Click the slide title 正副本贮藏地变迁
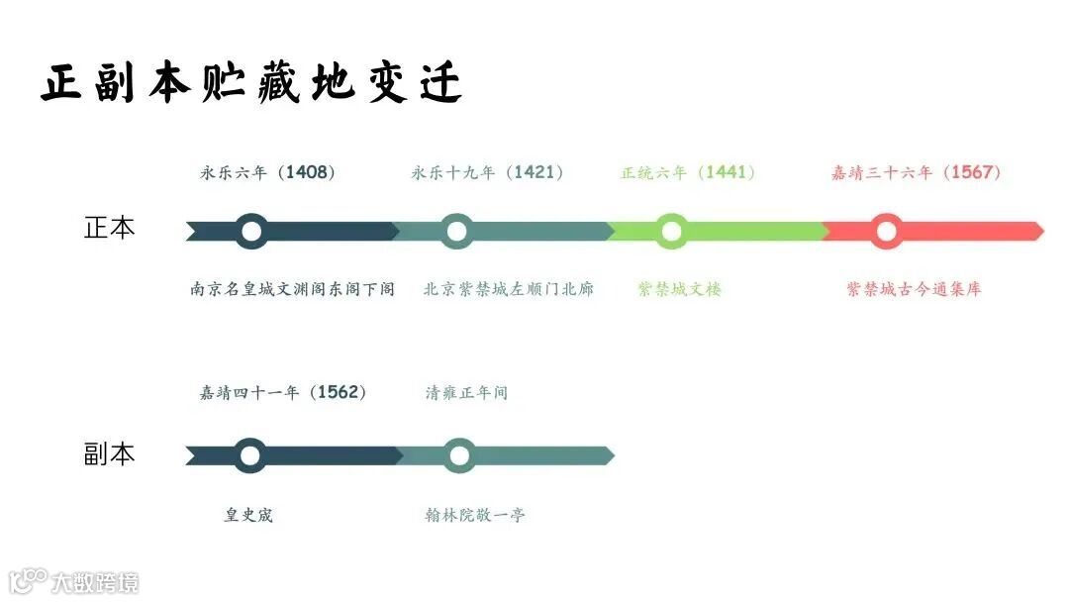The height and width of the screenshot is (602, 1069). click(252, 83)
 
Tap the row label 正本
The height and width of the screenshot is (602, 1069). click(109, 228)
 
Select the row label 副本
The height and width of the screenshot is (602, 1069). click(109, 454)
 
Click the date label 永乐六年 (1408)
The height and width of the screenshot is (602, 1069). click(268, 172)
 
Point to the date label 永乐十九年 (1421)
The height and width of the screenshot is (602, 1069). click(488, 172)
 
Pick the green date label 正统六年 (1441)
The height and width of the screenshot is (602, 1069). click(688, 172)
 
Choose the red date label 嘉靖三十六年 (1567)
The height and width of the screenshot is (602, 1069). click(917, 172)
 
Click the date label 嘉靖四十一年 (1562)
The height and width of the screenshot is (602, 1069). click(283, 392)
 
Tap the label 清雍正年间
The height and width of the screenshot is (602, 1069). click(466, 392)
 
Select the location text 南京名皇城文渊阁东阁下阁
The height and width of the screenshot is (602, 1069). click(293, 289)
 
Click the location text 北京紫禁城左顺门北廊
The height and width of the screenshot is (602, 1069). click(509, 289)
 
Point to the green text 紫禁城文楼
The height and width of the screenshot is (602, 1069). click(680, 289)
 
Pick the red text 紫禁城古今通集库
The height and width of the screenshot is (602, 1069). click(914, 289)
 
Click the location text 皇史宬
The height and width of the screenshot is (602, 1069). click(248, 515)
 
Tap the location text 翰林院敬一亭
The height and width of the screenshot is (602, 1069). click(475, 515)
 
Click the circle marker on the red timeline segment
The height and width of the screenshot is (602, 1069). click(886, 231)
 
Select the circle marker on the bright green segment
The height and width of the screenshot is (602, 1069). click(671, 231)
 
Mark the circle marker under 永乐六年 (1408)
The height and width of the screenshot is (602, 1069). click(251, 231)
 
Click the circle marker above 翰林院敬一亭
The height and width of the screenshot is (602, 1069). click(458, 455)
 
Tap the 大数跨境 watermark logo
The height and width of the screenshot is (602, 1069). click(74, 580)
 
